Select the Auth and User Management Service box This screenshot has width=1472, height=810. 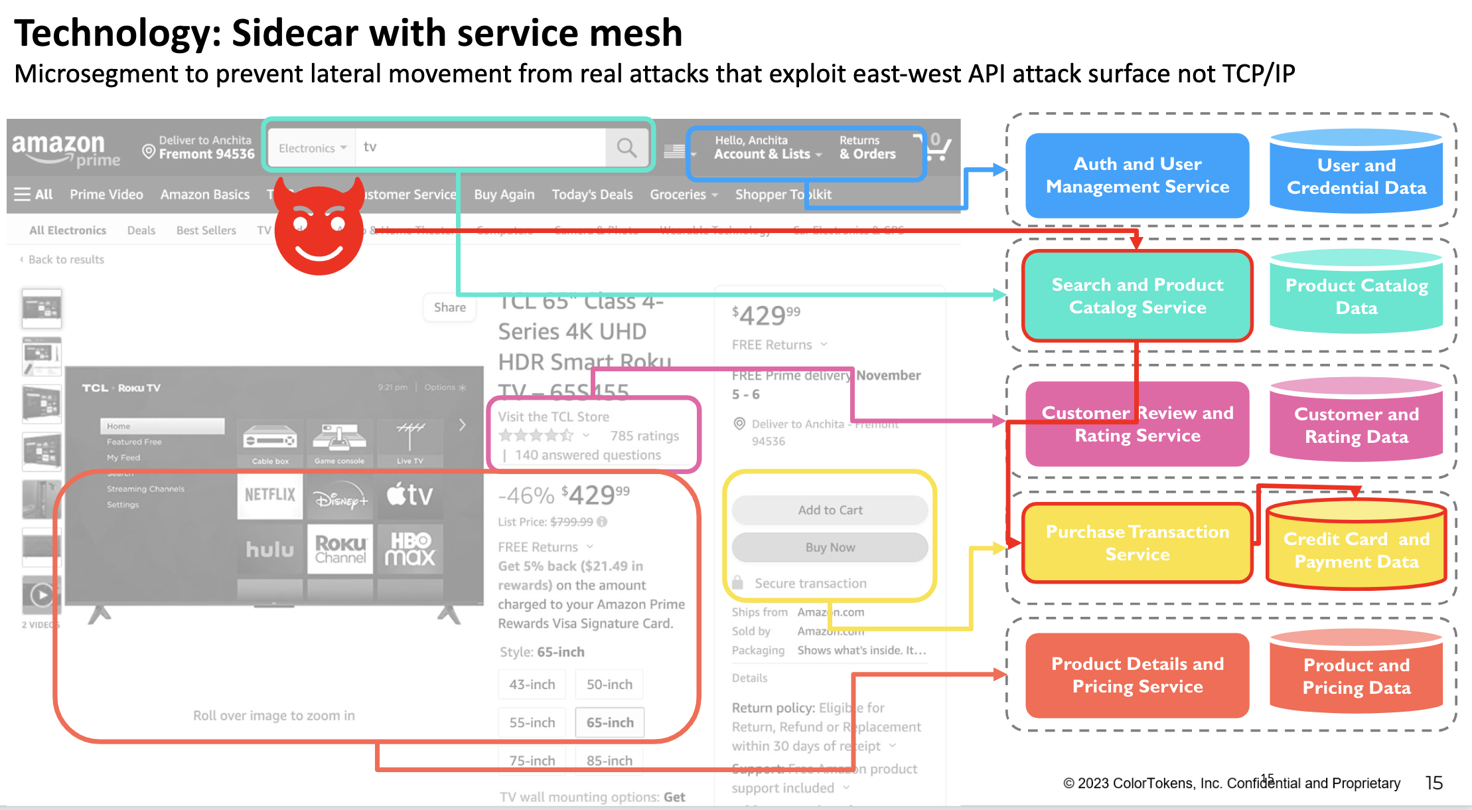[x=1137, y=175]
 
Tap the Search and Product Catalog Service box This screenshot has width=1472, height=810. [x=1137, y=296]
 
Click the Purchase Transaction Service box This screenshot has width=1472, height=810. [x=1137, y=543]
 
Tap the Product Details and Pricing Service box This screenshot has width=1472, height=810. [x=1137, y=675]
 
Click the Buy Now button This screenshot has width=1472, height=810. [x=830, y=547]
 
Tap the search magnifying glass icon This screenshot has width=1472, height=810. [x=626, y=147]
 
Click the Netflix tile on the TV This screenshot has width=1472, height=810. [x=269, y=495]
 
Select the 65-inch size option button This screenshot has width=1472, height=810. [x=609, y=722]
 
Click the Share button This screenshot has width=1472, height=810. [x=449, y=307]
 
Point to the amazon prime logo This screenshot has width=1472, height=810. [x=65, y=149]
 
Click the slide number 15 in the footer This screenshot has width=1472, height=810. [x=1434, y=783]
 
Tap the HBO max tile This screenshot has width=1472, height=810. [x=410, y=549]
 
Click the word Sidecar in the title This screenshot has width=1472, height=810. [x=295, y=33]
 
